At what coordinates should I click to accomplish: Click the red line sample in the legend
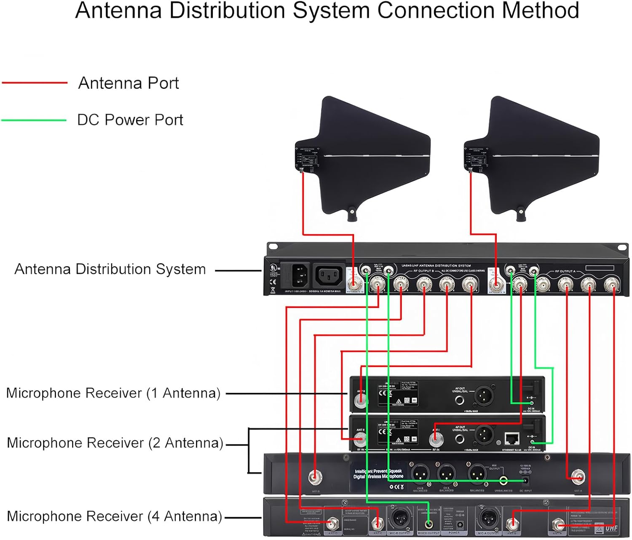(35, 83)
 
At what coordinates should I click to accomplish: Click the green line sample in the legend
(34, 120)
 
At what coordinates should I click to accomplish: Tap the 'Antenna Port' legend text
(129, 83)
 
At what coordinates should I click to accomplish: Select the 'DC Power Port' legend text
(130, 120)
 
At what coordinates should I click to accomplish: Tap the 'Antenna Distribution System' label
(110, 269)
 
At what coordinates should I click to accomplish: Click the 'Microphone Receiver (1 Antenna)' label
(113, 393)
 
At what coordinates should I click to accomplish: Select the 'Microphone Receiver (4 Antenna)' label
(114, 516)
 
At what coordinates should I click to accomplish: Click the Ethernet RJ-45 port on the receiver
(512, 439)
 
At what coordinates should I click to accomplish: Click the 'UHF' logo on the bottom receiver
(611, 528)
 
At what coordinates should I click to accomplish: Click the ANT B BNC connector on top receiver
(361, 401)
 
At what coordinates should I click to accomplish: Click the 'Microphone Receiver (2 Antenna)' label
(115, 443)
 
